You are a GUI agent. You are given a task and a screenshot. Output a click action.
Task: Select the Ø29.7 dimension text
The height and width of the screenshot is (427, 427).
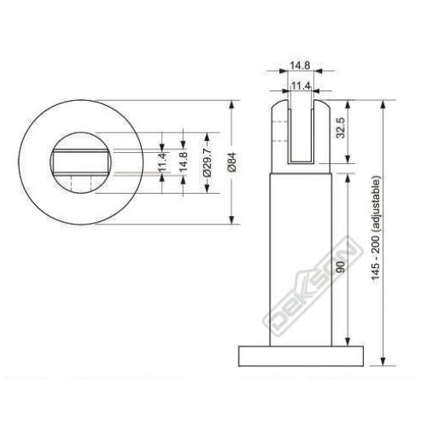point(207,162)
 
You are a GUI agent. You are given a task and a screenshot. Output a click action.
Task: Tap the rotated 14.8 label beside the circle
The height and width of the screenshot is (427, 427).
point(182,162)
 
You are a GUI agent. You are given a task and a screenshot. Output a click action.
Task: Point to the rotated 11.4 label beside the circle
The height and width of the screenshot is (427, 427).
point(161,162)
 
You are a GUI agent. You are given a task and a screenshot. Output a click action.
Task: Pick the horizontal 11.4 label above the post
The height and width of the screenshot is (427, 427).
point(299,85)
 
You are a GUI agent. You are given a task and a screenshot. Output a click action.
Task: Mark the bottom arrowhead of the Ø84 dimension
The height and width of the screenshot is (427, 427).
point(231,219)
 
